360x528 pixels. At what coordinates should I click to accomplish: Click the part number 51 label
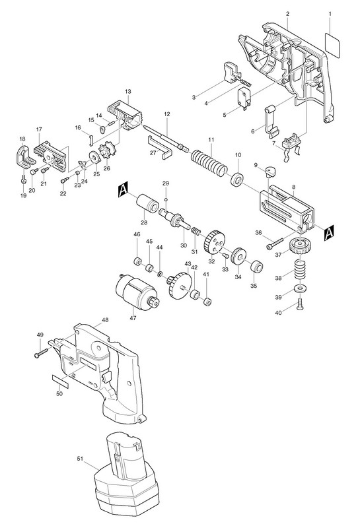pos(80,458)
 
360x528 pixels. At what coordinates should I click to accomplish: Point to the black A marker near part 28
pos(124,190)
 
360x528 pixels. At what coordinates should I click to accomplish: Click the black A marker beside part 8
pos(329,234)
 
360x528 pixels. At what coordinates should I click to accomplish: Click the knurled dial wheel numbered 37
pos(298,247)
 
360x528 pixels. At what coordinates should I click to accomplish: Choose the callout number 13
pos(127,91)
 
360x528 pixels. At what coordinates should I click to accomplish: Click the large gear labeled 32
pos(214,242)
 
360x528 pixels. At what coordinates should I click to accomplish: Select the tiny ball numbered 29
pos(166,200)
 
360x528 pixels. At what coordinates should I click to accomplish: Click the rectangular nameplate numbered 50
pos(60,381)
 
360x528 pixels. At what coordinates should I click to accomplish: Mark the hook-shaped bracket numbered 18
pos(24,157)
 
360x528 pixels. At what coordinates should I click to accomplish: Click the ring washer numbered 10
pos(238,178)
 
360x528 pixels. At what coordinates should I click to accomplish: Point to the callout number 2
pos(287,14)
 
